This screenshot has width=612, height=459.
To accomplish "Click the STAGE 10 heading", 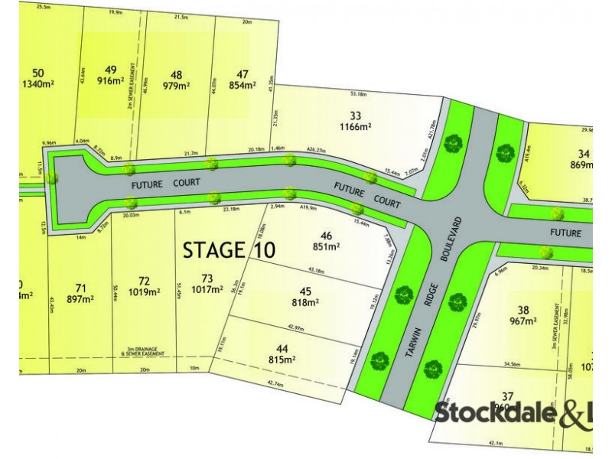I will [x=229, y=249].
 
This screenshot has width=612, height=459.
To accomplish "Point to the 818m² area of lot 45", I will [x=304, y=302].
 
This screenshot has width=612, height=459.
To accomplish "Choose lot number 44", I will [x=282, y=347].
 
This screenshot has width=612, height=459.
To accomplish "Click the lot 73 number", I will [x=207, y=278].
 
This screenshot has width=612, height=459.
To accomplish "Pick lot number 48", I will [x=177, y=74].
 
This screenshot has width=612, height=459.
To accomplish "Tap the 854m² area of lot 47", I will [x=243, y=86].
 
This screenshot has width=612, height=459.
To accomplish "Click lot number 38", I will [x=523, y=310].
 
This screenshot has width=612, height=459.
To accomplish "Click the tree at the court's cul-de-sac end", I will [x=51, y=177].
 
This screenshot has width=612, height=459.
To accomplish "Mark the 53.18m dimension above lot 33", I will [x=357, y=94].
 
